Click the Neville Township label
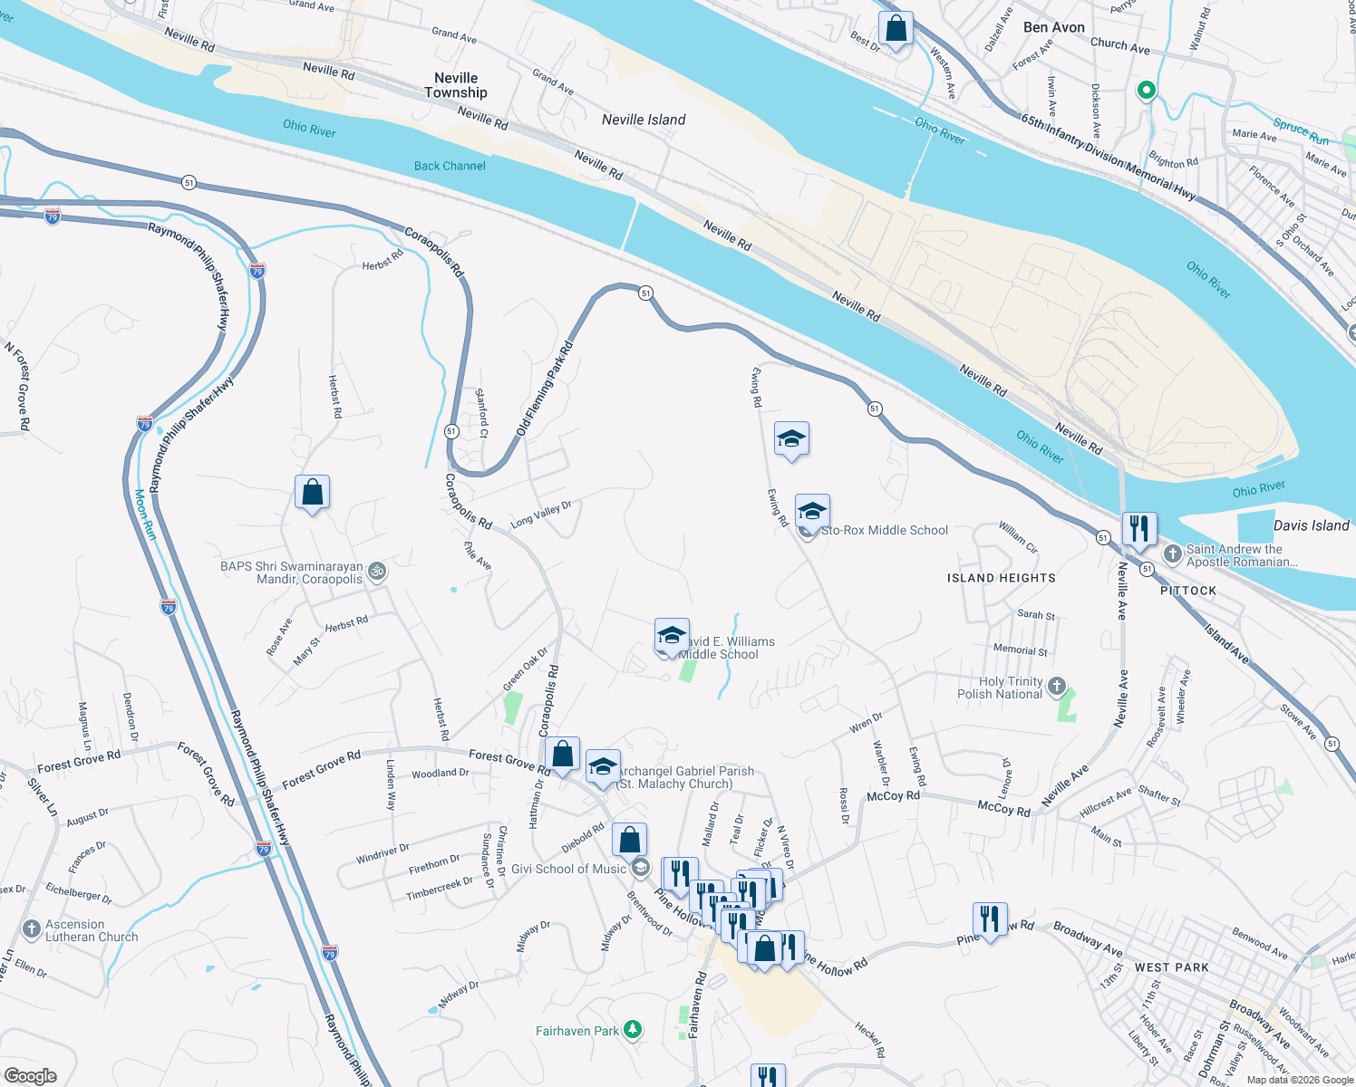(455, 85)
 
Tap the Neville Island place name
(644, 120)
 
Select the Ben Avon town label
(1053, 27)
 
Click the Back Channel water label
(450, 166)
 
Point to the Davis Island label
(1311, 525)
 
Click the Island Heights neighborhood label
(1001, 578)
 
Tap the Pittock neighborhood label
(1188, 591)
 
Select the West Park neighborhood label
(1171, 967)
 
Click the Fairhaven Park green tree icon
(633, 1030)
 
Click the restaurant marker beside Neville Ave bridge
(1138, 528)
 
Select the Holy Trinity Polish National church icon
(1056, 686)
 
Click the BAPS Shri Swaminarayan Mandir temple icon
(378, 572)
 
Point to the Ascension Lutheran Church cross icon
(31, 930)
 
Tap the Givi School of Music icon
(640, 868)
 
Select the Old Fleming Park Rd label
(546, 389)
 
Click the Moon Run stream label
(145, 514)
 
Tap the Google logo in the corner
(31, 1075)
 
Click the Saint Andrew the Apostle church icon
(1172, 553)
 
